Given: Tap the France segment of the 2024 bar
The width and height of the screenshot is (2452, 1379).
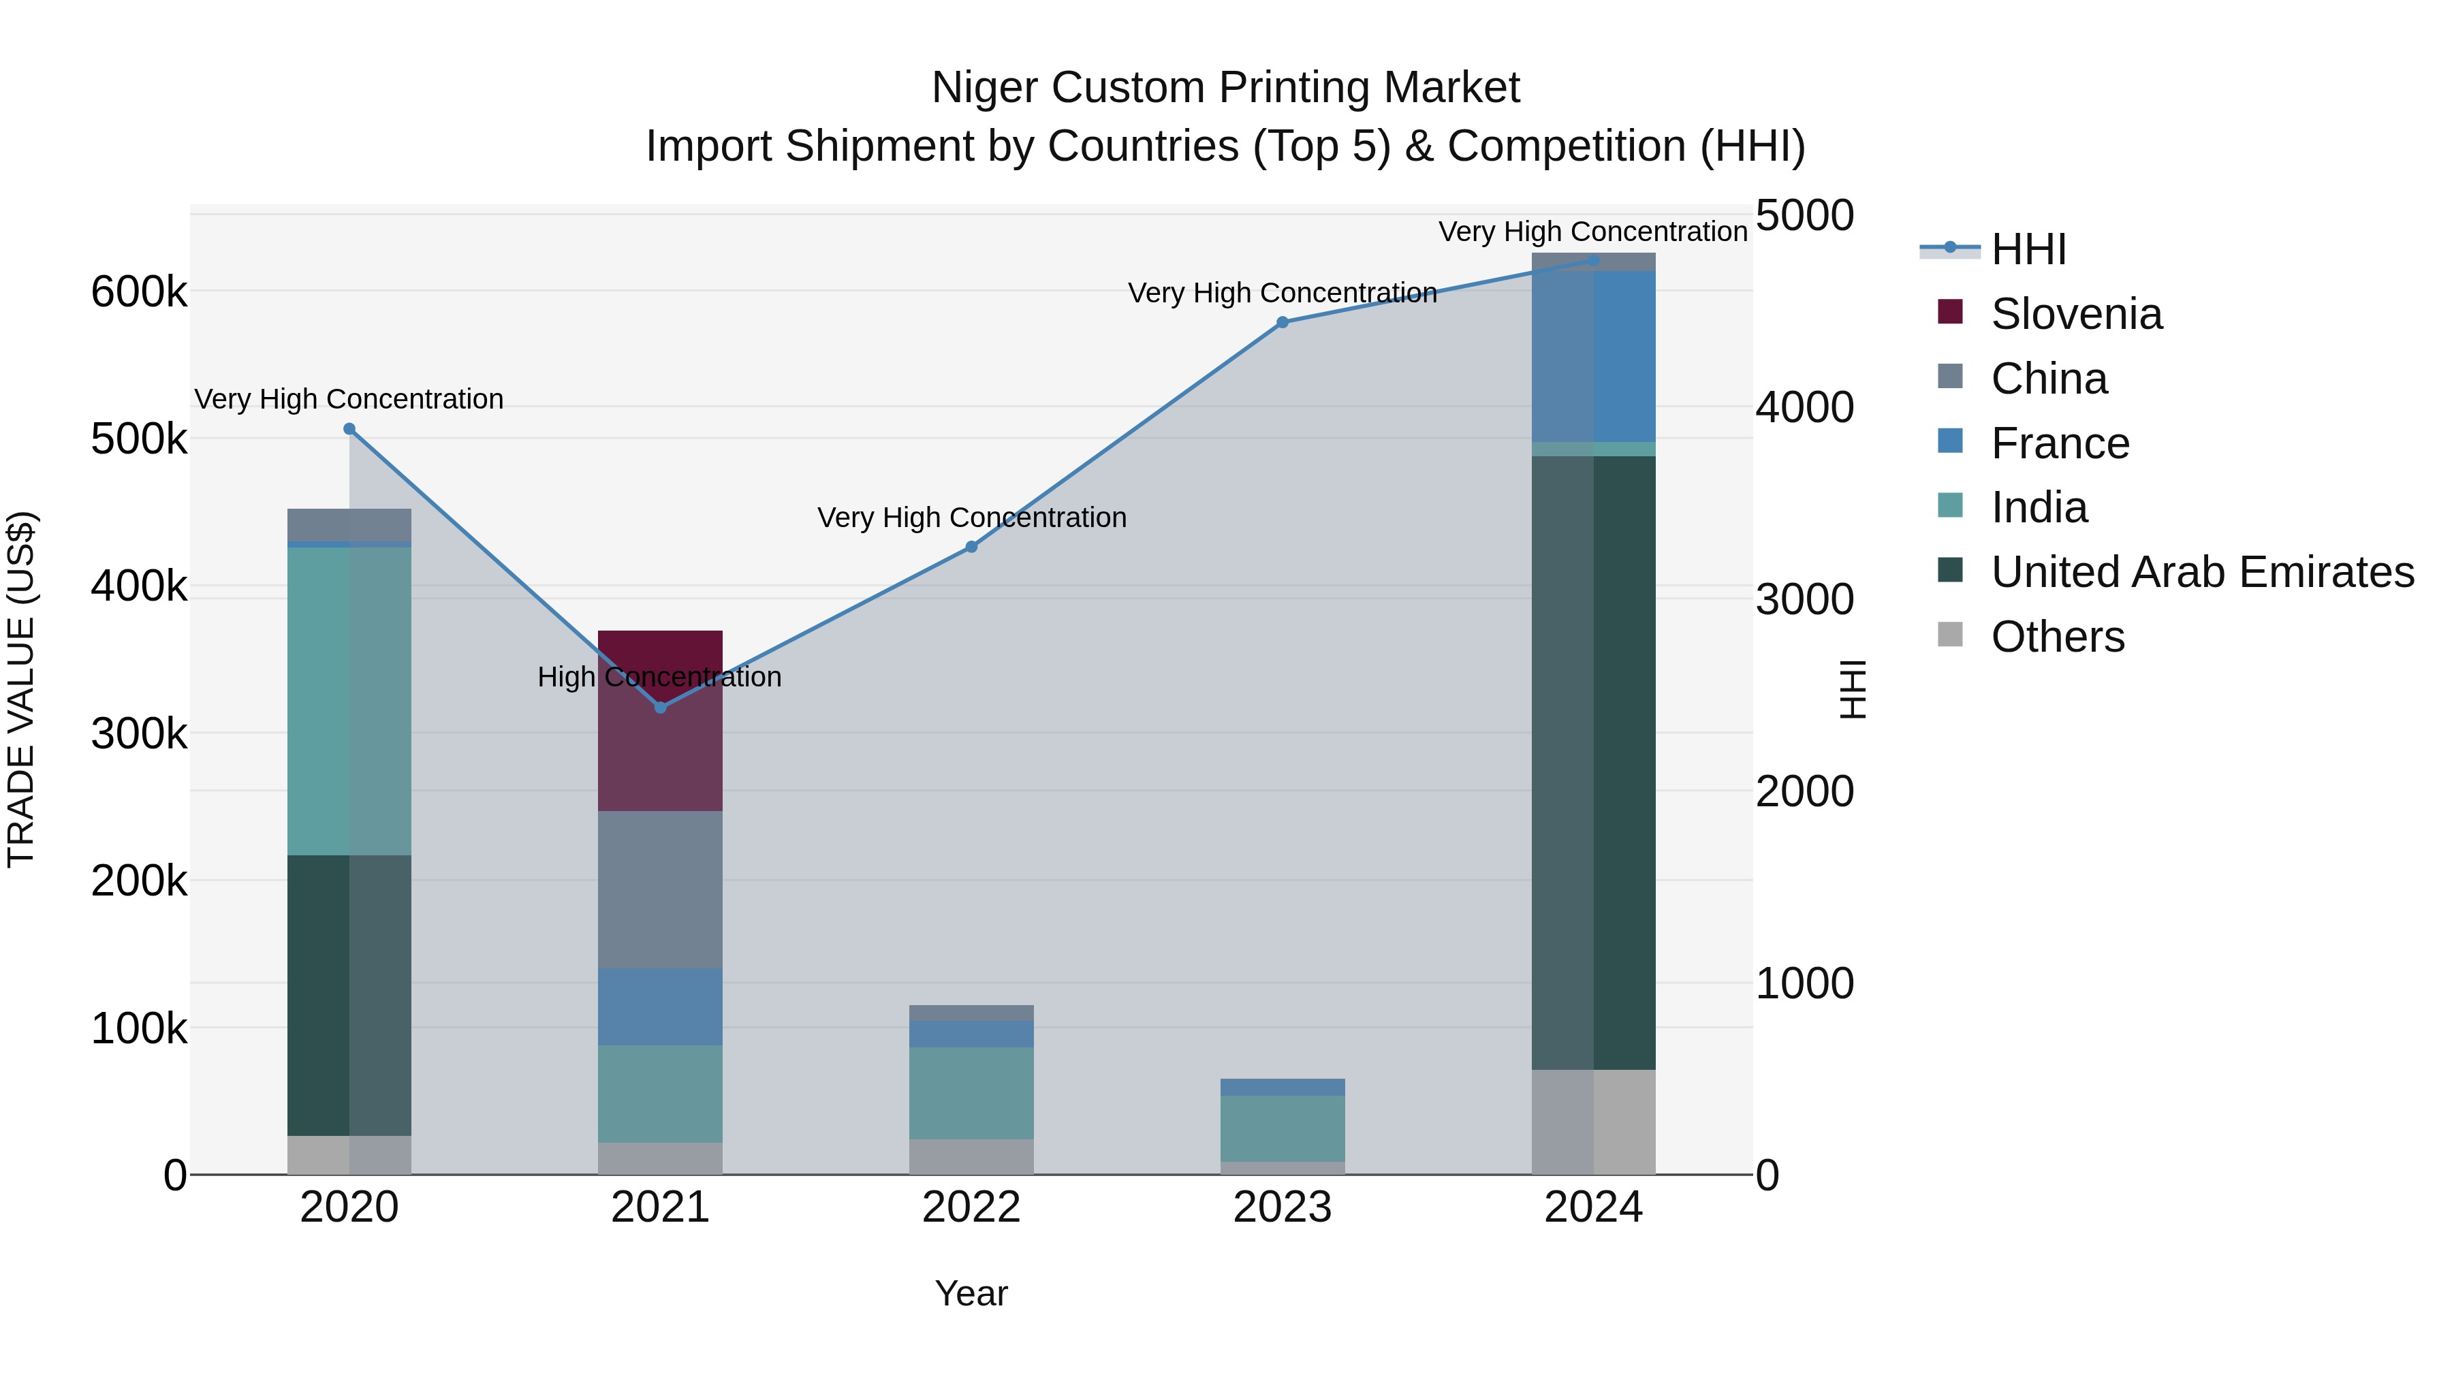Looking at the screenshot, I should [1593, 356].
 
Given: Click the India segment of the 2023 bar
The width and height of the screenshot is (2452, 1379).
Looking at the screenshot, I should [1282, 1128].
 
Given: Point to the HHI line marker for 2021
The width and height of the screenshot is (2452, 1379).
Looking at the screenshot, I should [661, 707].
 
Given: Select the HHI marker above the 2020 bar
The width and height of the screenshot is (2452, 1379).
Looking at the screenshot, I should [349, 429].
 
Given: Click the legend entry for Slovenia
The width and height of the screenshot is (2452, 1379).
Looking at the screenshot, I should [2075, 314].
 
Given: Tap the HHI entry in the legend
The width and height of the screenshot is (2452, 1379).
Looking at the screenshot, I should [2028, 249].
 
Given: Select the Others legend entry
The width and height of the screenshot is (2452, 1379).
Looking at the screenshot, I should [2056, 637].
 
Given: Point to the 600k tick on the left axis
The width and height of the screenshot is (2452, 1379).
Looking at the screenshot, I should [139, 291].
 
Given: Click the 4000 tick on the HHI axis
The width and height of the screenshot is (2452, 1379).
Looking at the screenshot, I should [1804, 407].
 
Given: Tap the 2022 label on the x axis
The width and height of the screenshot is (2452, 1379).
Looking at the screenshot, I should [971, 1207].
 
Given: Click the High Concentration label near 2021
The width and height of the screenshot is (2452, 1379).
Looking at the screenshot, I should [659, 677].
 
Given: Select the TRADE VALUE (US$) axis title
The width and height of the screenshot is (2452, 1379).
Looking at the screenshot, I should [21, 689].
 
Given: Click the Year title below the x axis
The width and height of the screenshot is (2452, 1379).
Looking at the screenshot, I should [971, 1293].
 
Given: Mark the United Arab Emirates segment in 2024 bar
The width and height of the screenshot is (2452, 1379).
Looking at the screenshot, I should [1593, 761].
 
